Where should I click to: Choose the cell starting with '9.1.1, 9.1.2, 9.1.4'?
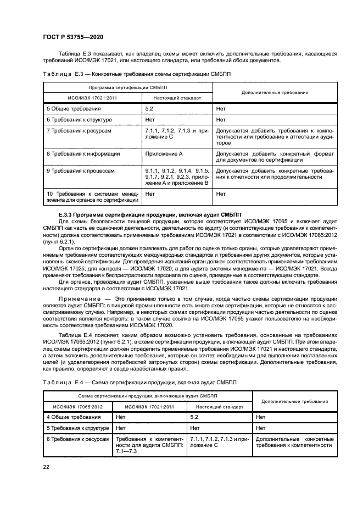coord(177,176)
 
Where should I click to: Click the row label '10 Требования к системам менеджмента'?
coord(92,197)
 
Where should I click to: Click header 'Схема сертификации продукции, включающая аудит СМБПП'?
coord(148,395)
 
